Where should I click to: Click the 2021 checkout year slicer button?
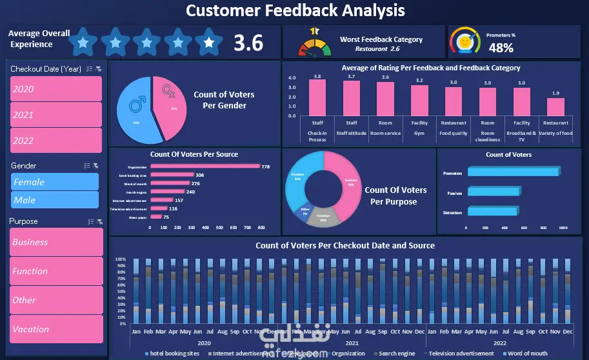tap(55, 115)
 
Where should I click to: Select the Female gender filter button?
tap(54, 182)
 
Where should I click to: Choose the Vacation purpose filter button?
tap(56, 329)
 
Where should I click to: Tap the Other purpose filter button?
tap(56, 300)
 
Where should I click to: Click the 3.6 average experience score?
tap(248, 43)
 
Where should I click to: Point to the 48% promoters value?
tap(501, 47)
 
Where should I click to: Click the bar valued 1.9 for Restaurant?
tap(555, 107)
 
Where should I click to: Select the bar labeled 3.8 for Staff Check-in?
tap(317, 97)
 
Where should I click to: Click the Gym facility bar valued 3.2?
tap(419, 100)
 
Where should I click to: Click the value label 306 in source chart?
tap(200, 175)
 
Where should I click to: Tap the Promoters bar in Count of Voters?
tap(512, 172)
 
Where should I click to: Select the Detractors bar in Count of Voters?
tap(493, 211)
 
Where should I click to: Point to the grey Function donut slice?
tap(323, 217)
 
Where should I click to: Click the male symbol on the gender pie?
tap(137, 103)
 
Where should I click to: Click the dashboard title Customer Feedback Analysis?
tap(295, 10)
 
